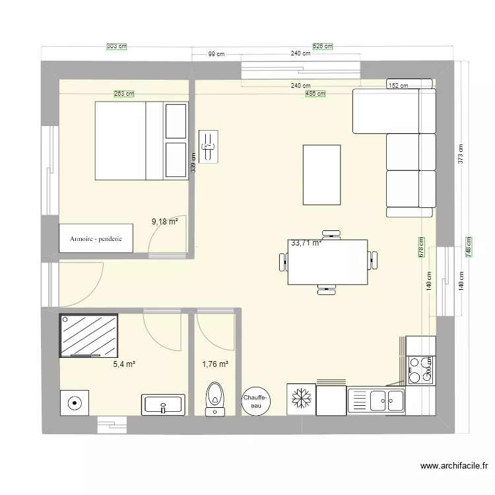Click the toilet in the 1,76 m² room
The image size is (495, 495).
[214, 397]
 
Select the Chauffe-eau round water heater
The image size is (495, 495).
[255, 400]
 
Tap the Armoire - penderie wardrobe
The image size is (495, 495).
[96, 238]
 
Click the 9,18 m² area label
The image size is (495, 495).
[165, 222]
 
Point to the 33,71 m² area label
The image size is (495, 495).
[306, 243]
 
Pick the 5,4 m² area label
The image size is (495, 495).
[124, 364]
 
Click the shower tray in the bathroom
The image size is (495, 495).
[89, 335]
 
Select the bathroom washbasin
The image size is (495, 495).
[163, 405]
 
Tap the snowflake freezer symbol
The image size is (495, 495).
[301, 400]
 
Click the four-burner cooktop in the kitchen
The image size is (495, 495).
[420, 370]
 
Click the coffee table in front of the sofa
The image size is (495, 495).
[321, 175]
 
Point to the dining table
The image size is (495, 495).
[328, 261]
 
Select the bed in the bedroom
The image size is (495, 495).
[142, 140]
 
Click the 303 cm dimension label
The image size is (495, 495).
[116, 47]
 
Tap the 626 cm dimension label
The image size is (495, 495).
[323, 47]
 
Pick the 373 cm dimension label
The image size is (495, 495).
[461, 154]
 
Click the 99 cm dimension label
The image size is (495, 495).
[216, 54]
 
